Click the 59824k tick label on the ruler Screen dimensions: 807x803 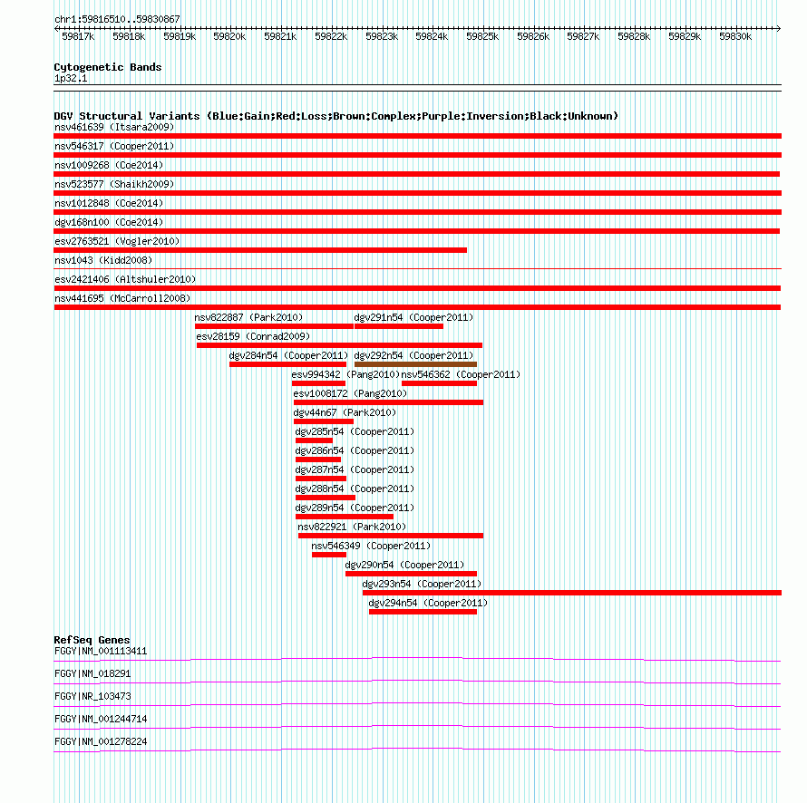[432, 36]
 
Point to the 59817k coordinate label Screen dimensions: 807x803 [78, 36]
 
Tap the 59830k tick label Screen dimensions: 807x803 [735, 36]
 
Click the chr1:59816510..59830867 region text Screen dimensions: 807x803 [117, 20]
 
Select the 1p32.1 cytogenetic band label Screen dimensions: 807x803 [71, 78]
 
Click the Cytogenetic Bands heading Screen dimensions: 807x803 [108, 67]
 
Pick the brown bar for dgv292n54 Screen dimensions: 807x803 [415, 364]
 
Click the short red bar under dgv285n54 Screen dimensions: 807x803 [314, 440]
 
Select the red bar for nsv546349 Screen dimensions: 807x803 [329, 555]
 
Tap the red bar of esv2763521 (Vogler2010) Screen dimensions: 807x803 [260, 250]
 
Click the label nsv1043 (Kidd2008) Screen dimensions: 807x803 [103, 260]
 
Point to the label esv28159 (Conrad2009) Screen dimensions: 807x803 [253, 336]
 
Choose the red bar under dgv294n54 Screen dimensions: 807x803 [423, 612]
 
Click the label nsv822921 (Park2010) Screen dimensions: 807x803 [352, 527]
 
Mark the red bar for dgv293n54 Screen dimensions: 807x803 [572, 593]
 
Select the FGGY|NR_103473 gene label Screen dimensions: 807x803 [92, 696]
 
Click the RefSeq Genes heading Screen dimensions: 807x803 [92, 640]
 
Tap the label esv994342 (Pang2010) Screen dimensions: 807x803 [345, 374]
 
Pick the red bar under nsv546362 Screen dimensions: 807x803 [439, 383]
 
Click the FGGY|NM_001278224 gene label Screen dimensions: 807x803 [101, 741]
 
